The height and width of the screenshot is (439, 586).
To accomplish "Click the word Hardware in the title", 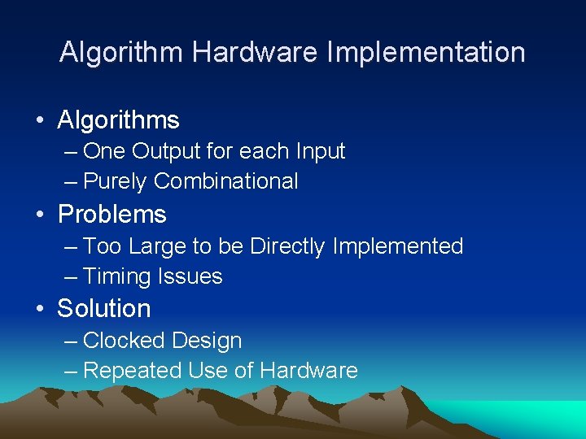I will point(256,53).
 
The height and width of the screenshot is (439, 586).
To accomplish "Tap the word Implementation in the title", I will point(426,53).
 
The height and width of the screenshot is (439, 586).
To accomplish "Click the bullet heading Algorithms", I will point(119,121).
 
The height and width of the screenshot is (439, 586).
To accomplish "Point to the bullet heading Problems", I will point(112,215).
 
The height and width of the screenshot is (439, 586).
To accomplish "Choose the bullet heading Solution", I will point(104,309).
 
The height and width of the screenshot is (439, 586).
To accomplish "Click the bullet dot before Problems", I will point(40,215).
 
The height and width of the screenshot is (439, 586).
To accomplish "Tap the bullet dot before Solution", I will point(40,310).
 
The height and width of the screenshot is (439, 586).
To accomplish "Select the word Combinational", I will point(225,181).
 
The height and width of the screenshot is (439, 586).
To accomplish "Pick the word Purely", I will point(115,182).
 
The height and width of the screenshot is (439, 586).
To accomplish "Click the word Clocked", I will point(122,341).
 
